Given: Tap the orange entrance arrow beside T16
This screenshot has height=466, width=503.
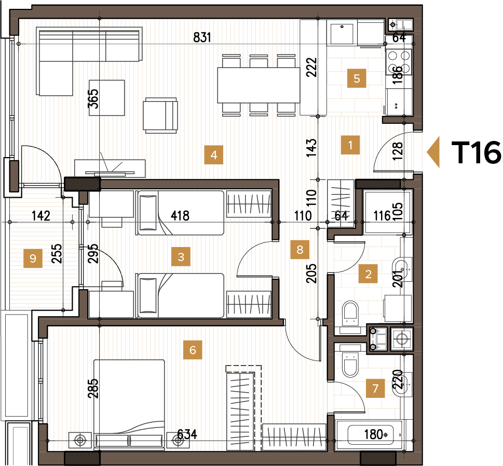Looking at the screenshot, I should (433, 152).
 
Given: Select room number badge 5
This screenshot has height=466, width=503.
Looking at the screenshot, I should (357, 79).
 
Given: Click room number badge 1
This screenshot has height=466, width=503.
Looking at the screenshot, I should (350, 145).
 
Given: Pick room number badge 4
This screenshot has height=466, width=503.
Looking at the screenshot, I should (213, 154).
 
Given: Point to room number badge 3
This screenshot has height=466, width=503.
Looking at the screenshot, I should (181, 256).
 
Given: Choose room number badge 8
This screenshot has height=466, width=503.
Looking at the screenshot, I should (300, 249).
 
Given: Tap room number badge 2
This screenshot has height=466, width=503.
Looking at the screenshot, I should (369, 274).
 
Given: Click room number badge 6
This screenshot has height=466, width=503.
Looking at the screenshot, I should (193, 351).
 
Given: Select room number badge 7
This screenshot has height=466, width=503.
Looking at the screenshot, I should (376, 388).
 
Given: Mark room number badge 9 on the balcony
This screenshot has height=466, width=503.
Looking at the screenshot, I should (33, 258).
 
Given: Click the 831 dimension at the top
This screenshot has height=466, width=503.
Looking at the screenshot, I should (203, 37).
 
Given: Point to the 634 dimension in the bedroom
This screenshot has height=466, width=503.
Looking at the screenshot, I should (187, 434).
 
